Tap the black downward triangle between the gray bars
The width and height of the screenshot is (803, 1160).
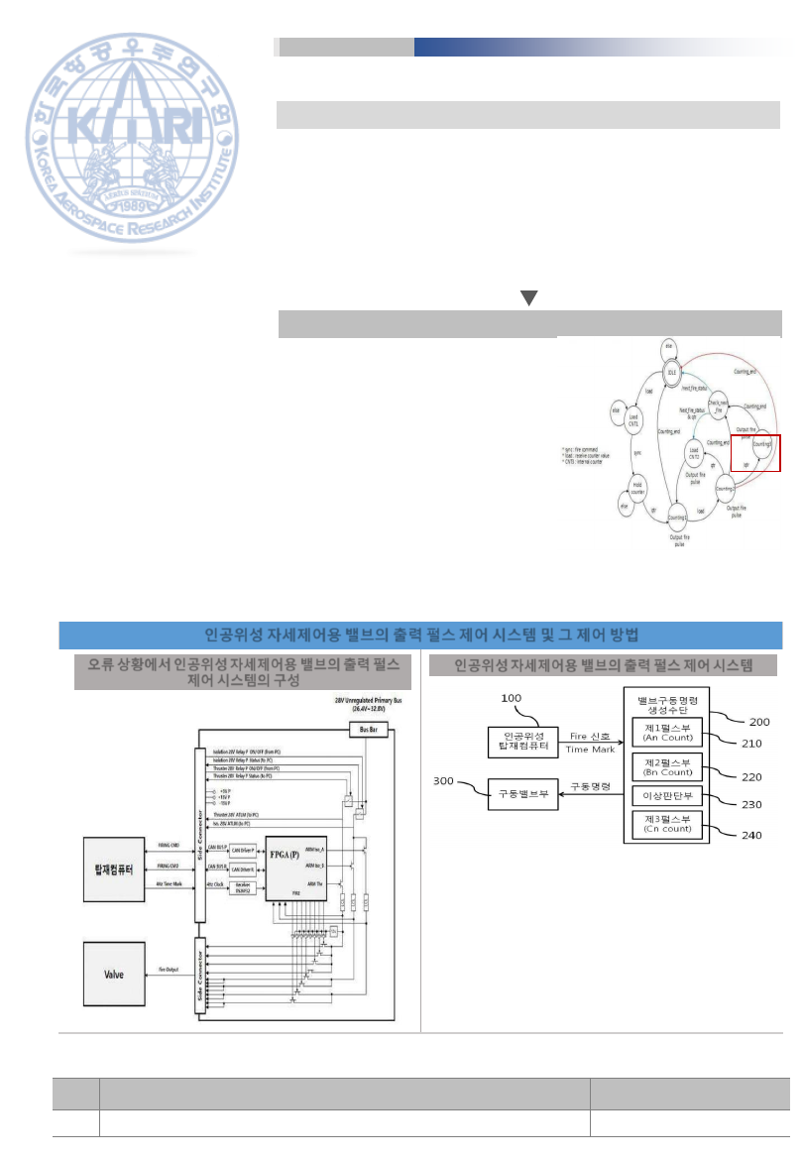coord(529,297)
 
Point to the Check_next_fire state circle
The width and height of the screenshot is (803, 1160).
coord(719,406)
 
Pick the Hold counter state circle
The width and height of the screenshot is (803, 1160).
coord(637,487)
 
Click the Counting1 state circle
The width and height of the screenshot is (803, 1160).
coord(677,518)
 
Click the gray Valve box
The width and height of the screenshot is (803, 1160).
coord(112,974)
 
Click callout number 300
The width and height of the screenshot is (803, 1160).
coord(445,780)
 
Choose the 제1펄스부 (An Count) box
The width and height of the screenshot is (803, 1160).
coord(667,732)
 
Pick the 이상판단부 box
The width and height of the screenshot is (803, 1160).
coord(667,795)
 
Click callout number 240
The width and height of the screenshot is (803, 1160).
coord(752,834)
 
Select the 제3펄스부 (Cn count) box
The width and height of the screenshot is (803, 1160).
coord(667,824)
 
